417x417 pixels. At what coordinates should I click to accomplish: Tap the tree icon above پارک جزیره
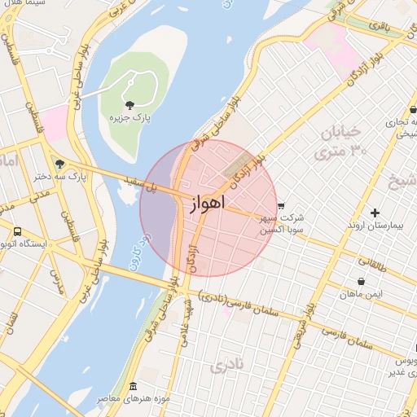click(130, 104)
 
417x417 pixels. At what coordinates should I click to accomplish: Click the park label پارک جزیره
click(130, 118)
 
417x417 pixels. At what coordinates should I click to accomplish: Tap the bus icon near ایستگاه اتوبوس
click(18, 230)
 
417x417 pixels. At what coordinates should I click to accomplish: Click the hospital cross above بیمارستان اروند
click(375, 213)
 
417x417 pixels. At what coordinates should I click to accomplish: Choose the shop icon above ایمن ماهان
click(361, 282)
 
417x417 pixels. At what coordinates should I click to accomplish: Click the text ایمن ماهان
click(361, 293)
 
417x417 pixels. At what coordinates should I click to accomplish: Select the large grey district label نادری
click(227, 367)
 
